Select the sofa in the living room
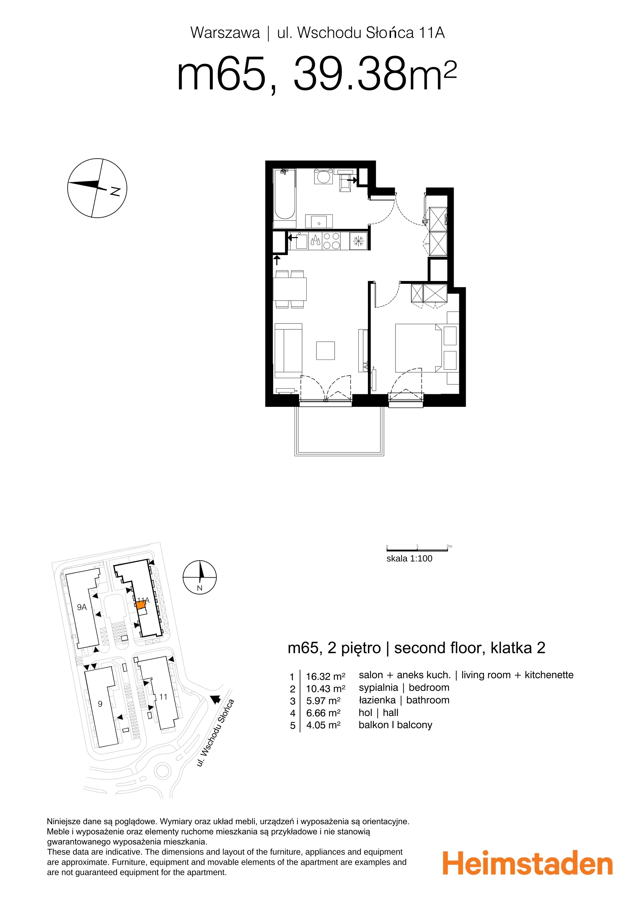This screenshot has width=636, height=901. click(288, 351)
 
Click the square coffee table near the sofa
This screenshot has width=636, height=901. click(325, 351)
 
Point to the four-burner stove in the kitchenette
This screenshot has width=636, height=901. click(331, 241)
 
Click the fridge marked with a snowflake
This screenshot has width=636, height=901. click(358, 241)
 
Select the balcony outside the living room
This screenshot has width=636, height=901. click(339, 431)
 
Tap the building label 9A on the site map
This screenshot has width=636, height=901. click(82, 607)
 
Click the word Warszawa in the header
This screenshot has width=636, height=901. click(225, 33)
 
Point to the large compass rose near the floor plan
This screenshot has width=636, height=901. click(97, 188)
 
